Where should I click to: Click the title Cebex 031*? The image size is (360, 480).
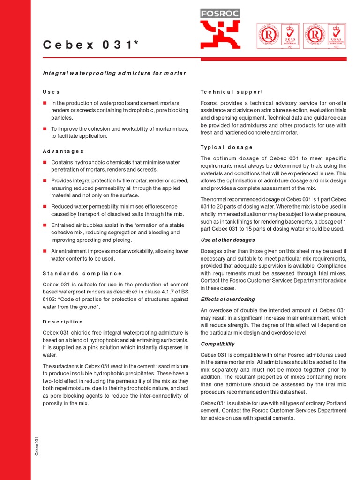coord(91,45)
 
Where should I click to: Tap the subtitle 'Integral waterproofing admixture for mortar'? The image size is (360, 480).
coord(114,73)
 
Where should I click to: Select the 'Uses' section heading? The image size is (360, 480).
coord(51,92)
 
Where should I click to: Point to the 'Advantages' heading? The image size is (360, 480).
coord(63,151)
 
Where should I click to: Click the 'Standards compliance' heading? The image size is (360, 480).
coord(82,273)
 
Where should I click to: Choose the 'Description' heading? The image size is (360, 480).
coord(63,322)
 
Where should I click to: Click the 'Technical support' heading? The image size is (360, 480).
coord(232,92)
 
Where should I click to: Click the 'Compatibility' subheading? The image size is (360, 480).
coord(217,344)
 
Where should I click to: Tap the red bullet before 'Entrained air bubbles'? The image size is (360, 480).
coord(45,225)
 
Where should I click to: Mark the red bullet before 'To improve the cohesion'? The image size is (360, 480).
coord(45,128)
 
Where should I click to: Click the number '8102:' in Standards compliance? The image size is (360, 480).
coord(50,299)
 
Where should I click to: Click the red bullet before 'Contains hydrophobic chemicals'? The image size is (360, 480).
coord(45,162)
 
